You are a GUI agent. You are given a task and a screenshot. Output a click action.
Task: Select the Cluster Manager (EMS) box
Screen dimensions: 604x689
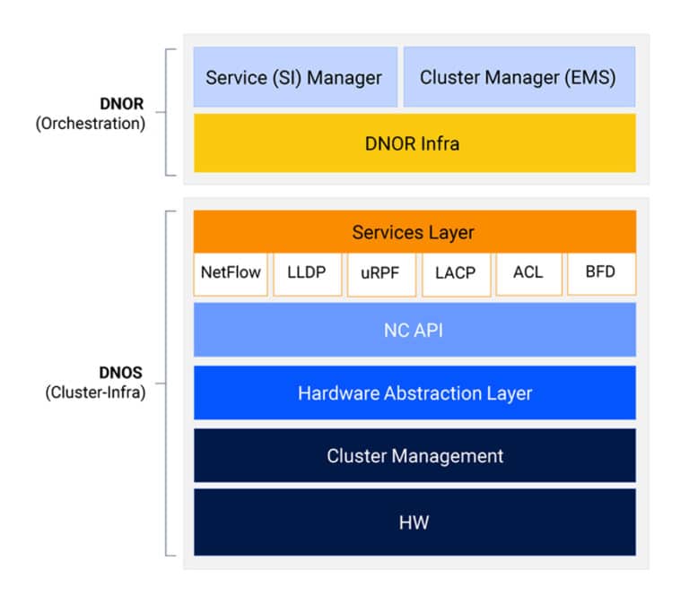(519, 77)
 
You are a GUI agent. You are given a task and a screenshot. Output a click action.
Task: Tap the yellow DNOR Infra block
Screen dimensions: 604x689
(414, 142)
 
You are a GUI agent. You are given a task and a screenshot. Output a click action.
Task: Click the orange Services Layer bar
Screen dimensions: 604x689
(414, 232)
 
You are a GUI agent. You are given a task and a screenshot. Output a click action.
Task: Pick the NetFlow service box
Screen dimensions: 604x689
(231, 272)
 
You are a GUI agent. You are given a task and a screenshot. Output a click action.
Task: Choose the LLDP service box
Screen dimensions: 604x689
(308, 272)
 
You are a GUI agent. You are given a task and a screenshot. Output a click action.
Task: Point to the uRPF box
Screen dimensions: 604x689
(381, 272)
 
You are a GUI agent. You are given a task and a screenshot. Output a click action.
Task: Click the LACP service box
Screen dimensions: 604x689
(455, 272)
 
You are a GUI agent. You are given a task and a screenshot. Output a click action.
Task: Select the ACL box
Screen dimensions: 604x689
(528, 272)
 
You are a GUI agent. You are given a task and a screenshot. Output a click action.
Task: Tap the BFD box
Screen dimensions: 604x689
(600, 272)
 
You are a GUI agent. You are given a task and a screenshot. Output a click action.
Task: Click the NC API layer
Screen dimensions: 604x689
(414, 330)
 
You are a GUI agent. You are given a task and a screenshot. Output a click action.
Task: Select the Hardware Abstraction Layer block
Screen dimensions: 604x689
(414, 393)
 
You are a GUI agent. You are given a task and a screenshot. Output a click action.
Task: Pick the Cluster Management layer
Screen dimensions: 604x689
(414, 455)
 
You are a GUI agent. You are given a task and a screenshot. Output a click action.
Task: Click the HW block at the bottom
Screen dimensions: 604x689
(414, 522)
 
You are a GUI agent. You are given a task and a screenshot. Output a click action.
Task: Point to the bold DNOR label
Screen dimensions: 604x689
(121, 104)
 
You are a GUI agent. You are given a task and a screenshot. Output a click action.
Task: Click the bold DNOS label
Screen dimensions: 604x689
(121, 372)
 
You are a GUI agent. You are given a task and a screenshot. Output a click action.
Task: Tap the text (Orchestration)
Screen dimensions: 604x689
(91, 124)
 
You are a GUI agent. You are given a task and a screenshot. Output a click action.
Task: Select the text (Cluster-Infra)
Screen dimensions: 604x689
(95, 392)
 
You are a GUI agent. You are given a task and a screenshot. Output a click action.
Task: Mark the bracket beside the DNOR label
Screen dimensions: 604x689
(166, 112)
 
